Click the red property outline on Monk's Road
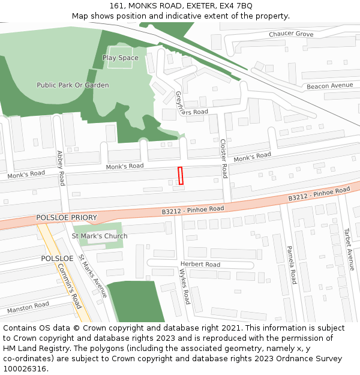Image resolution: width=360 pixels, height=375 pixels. click(x=180, y=176)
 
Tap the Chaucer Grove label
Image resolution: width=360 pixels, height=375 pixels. click(x=291, y=34)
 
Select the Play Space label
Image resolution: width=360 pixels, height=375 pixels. click(x=120, y=58)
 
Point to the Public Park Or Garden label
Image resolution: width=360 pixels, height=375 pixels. click(x=73, y=85)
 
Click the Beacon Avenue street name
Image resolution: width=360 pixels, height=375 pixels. click(x=329, y=86)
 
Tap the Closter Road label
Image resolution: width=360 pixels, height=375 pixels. click(x=224, y=158)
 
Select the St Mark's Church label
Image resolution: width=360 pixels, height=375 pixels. click(x=100, y=236)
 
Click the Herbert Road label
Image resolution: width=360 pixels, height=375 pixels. click(x=200, y=264)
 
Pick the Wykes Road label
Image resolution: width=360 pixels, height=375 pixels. click(x=185, y=286)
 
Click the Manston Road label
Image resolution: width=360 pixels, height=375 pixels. click(x=28, y=308)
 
